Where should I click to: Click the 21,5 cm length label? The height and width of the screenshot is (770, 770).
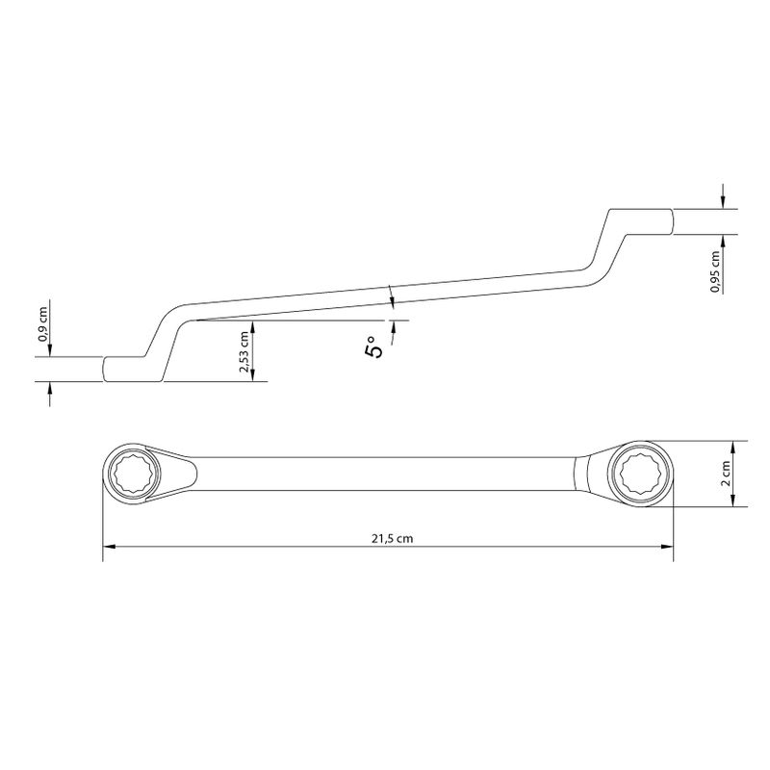pyautogui.click(x=392, y=538)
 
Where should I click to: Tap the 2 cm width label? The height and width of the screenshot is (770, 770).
pyautogui.click(x=726, y=473)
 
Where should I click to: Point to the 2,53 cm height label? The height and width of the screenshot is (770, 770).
pyautogui.click(x=244, y=351)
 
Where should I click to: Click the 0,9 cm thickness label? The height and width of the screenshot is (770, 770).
pyautogui.click(x=43, y=324)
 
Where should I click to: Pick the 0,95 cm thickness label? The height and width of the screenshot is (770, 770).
pyautogui.click(x=715, y=271)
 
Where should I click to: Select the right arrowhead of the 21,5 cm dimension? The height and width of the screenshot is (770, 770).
pyautogui.click(x=667, y=546)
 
